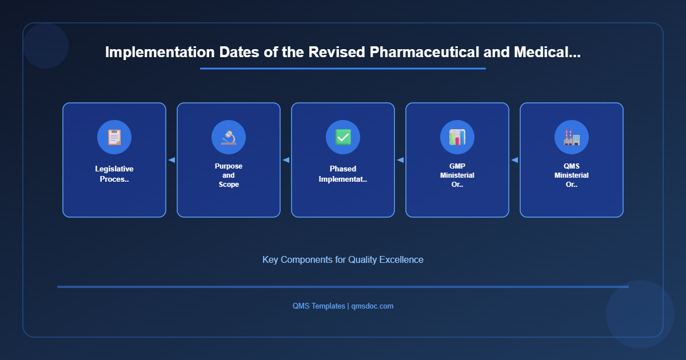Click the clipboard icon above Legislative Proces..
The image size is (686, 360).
[x=114, y=137]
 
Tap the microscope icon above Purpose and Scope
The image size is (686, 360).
[x=229, y=137]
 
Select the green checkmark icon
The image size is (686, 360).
[x=343, y=137]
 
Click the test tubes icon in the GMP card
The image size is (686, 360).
[x=457, y=137]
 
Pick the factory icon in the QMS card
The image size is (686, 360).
[x=572, y=137]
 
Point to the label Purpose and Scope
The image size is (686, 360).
[x=229, y=175]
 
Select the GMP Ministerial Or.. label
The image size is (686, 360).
[x=457, y=175]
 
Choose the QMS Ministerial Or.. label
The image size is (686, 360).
[x=572, y=175]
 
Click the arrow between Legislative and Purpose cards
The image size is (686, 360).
[x=171, y=160]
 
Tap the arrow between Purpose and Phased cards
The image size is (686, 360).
[x=286, y=160]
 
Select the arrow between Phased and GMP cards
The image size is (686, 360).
[x=400, y=160]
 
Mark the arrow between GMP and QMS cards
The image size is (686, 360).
[x=514, y=160]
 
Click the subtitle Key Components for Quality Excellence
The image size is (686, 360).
[x=343, y=259]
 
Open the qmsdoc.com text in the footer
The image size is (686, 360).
[x=372, y=306]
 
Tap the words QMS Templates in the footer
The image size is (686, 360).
[x=318, y=306]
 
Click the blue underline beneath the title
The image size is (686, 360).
[x=343, y=69]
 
